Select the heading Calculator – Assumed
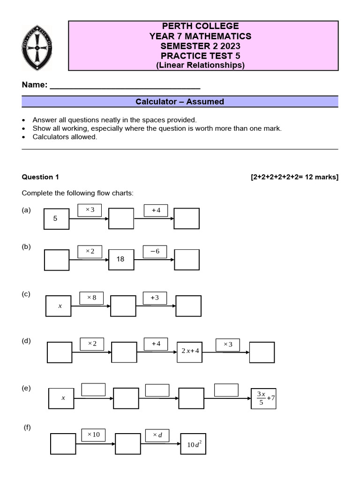(180, 102)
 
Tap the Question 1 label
(41, 177)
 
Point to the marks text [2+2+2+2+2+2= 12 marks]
(294, 177)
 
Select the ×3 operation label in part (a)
(90, 210)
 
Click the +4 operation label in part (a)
(156, 210)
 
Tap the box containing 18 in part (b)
(121, 259)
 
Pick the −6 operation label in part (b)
(155, 251)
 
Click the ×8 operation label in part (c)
(91, 298)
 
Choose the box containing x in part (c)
(59, 306)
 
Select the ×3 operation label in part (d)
(228, 345)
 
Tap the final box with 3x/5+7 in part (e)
(264, 398)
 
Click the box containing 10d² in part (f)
(193, 443)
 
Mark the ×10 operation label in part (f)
(93, 435)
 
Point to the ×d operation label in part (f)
(157, 435)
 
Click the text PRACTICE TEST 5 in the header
(200, 56)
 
